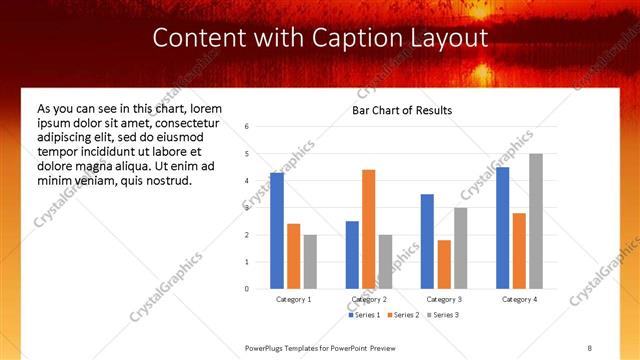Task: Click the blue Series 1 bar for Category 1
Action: point(277,231)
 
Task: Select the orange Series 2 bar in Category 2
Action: point(369,229)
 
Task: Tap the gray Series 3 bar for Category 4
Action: point(536,221)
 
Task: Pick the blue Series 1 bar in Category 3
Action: point(427,241)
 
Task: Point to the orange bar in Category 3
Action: point(444,264)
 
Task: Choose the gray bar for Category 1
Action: point(310,262)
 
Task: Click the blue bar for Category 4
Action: point(502,228)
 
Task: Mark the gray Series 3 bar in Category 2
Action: point(385,262)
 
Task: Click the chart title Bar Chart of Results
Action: point(402,110)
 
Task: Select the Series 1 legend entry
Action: point(364,315)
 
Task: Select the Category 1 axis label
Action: point(294,299)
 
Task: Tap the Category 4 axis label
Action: point(519,299)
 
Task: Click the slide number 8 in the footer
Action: point(590,347)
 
